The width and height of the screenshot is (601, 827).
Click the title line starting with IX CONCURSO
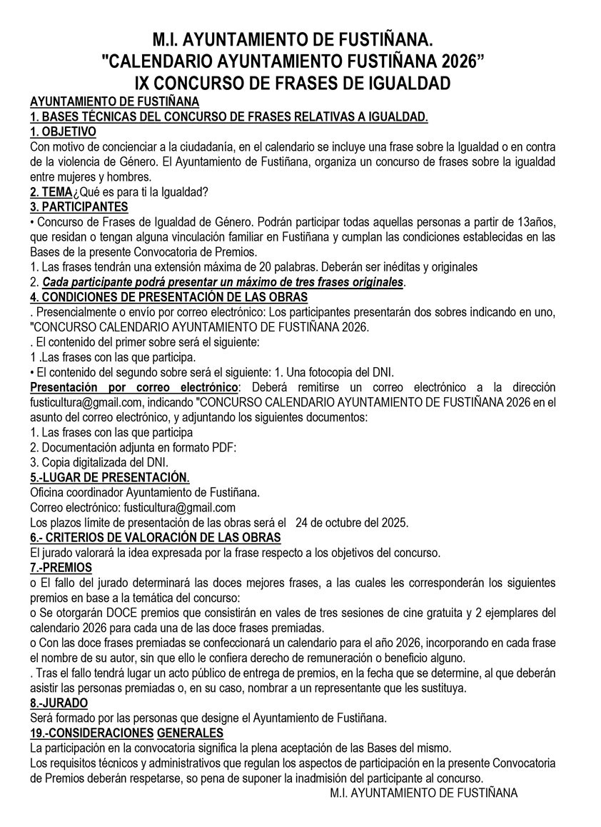(x=300, y=83)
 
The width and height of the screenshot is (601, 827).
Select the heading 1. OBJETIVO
(x=63, y=131)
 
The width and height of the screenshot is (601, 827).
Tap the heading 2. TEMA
(x=51, y=192)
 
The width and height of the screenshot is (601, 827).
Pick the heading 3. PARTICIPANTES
(x=79, y=207)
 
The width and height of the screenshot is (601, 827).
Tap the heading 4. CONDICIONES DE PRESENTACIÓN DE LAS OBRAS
(x=168, y=297)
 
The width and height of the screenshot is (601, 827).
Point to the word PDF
(x=222, y=447)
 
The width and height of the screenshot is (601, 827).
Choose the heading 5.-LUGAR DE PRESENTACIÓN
(x=109, y=477)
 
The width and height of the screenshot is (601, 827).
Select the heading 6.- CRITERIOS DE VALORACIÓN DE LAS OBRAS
(x=155, y=537)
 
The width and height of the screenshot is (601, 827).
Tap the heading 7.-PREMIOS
(x=61, y=568)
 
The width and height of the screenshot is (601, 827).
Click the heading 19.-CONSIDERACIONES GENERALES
(x=127, y=733)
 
